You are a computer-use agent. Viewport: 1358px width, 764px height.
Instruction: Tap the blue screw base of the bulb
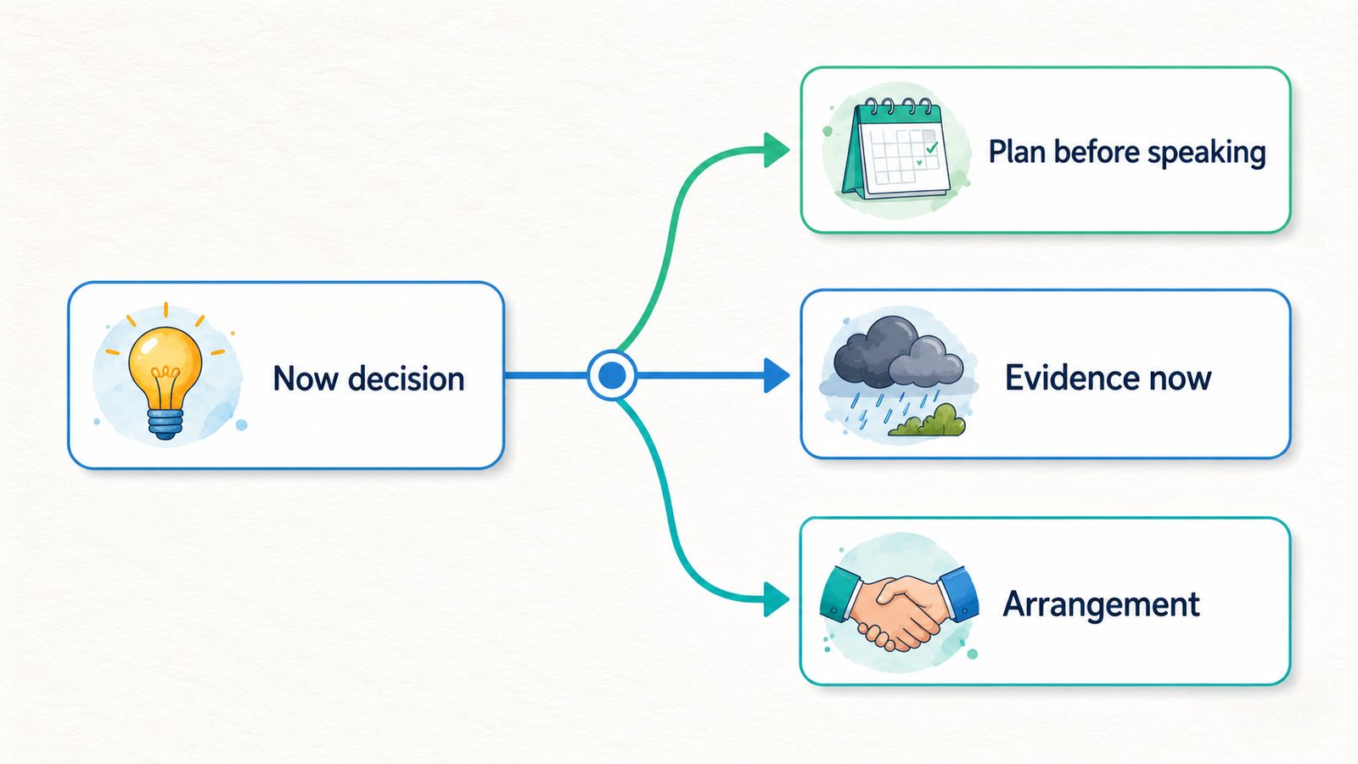click(x=165, y=424)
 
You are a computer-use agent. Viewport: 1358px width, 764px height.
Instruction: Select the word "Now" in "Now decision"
click(x=305, y=379)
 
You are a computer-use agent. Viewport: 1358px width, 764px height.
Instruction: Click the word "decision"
click(x=407, y=379)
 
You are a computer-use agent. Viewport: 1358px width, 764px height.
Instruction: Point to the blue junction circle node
click(x=612, y=376)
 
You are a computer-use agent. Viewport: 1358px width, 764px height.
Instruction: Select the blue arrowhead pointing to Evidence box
click(x=777, y=376)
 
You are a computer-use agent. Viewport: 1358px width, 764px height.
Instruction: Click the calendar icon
click(x=896, y=149)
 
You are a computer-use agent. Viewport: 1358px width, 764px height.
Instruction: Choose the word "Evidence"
click(x=1062, y=378)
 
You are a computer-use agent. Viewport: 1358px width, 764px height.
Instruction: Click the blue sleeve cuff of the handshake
click(x=962, y=593)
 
